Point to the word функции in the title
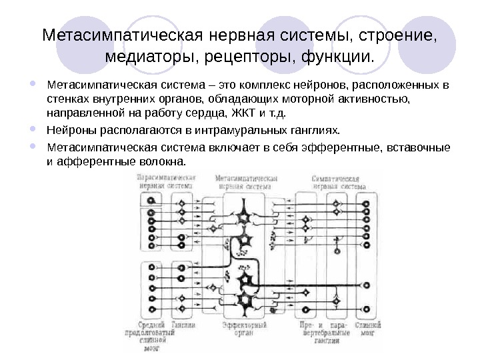(x=339, y=60)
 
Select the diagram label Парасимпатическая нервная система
(x=166, y=183)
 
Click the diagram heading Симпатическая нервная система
(x=339, y=183)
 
